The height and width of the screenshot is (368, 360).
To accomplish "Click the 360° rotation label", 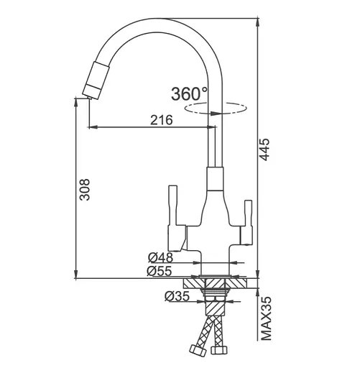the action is point(189,93).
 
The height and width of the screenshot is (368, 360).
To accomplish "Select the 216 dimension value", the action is point(161,120).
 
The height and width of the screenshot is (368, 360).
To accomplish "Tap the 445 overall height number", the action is point(264,149).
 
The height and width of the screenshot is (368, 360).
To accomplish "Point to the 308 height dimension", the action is point(85,189).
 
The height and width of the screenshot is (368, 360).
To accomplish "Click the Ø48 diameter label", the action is point(160,258).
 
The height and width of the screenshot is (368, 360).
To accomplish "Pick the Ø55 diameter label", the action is point(160,271).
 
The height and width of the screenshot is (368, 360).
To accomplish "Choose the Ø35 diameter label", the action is point(177,296).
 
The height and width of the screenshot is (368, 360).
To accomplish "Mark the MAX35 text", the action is point(266,318).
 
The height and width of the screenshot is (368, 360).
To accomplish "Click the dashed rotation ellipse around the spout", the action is point(215,108).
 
